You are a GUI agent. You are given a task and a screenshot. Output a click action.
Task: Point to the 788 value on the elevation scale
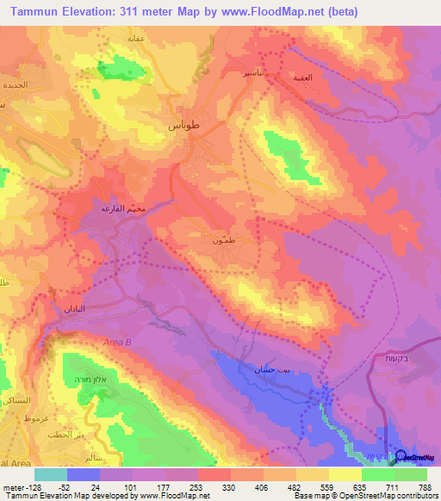point(424,486)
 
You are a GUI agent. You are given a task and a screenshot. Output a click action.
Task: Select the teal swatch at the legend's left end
point(51,473)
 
